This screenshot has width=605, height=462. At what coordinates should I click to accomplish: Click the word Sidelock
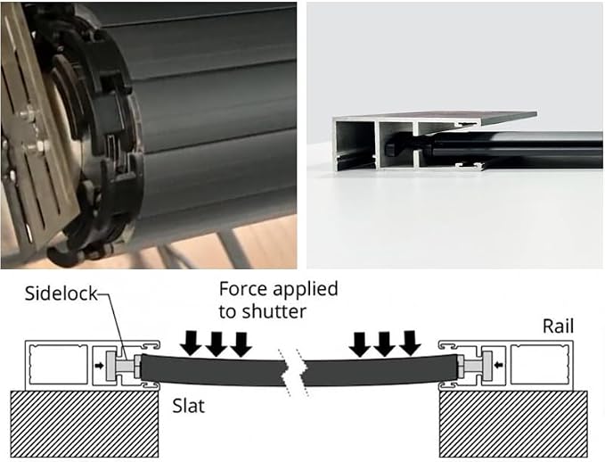(61, 294)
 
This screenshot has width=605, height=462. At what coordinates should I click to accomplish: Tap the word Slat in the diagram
(188, 406)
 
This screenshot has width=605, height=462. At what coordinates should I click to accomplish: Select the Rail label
(559, 326)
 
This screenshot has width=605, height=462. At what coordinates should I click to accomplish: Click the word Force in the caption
(242, 289)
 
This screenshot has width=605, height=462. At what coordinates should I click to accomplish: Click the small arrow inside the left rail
(100, 366)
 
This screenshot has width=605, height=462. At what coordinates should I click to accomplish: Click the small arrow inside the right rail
(499, 365)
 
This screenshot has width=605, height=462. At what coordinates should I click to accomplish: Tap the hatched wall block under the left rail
(84, 424)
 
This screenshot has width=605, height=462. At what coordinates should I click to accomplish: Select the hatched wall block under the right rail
(513, 424)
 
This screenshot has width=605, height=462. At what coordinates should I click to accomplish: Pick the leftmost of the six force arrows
(192, 343)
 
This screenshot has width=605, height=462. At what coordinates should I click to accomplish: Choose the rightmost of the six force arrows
(409, 343)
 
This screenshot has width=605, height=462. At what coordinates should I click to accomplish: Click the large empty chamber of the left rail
(58, 366)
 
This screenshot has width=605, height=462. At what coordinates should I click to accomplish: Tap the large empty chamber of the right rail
(539, 364)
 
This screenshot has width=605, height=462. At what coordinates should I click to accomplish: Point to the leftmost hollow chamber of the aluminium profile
(354, 144)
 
